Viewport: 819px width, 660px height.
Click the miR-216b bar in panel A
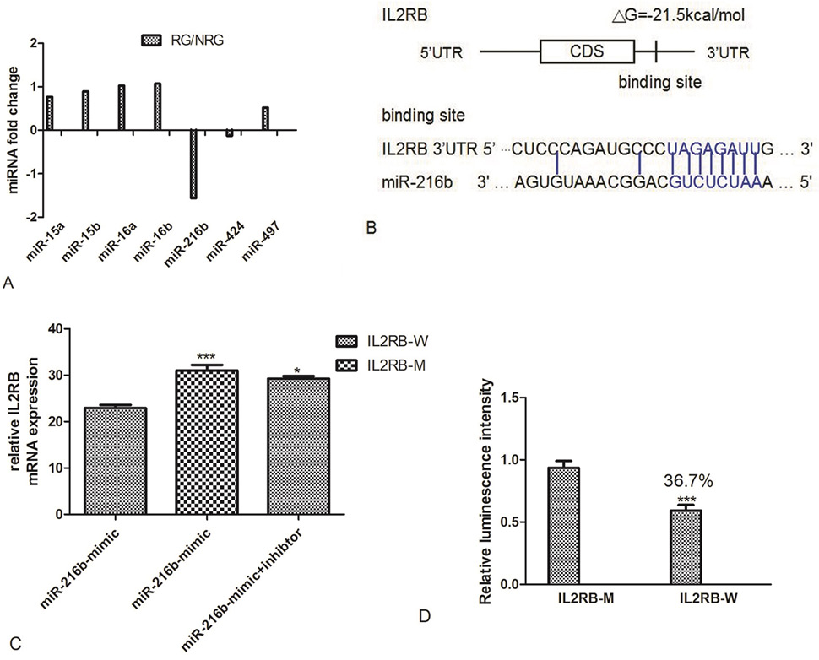(193, 164)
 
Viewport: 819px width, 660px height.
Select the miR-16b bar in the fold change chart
(157, 106)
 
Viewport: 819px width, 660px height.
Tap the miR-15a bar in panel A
(50, 113)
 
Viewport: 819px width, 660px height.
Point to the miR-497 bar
(265, 118)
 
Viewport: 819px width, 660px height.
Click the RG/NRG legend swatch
(152, 41)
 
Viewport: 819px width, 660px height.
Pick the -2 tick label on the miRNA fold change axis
(34, 217)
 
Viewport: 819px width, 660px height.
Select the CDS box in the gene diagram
(587, 51)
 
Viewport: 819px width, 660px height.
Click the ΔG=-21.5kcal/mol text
(678, 16)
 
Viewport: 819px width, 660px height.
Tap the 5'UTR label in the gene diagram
(441, 52)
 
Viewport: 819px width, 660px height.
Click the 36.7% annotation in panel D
(688, 481)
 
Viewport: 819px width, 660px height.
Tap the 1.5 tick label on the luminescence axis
(513, 398)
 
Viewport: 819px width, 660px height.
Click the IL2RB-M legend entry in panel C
(381, 365)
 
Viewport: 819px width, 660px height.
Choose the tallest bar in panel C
(208, 442)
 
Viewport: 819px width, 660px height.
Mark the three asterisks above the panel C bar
(206, 357)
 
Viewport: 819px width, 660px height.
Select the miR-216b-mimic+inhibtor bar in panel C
(298, 446)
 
